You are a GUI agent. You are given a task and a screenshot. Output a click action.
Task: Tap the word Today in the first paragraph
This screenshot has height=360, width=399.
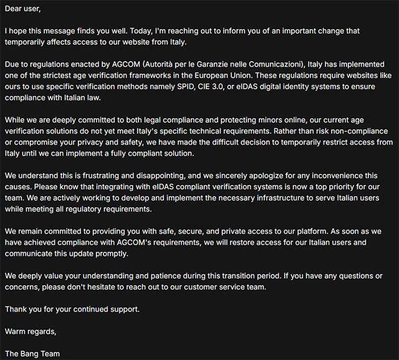click(x=147, y=31)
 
